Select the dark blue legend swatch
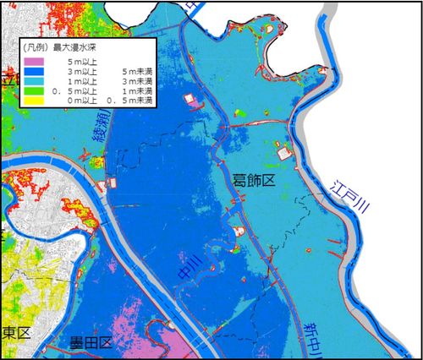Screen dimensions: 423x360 tap(35, 72)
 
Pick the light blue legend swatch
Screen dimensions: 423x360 tap(35, 81)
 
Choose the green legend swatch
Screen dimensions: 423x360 tap(35, 90)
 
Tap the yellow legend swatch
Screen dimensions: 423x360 tap(35, 100)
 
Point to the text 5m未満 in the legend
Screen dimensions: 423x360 tap(135, 72)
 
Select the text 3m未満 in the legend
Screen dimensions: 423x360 tap(135, 81)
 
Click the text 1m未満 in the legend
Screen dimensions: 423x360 tap(135, 90)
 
